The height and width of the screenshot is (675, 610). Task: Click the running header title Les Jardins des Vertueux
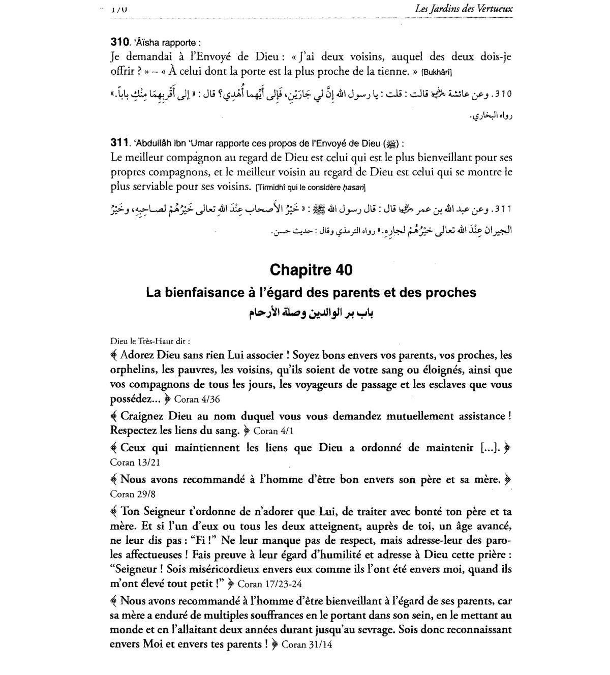point(464,9)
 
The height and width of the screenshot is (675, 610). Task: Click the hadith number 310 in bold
point(119,42)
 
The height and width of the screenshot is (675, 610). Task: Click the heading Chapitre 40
point(311,269)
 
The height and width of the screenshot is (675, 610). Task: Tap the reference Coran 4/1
point(273,431)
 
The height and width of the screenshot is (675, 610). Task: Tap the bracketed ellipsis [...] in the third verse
point(490,448)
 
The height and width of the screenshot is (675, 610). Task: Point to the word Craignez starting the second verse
point(143,416)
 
